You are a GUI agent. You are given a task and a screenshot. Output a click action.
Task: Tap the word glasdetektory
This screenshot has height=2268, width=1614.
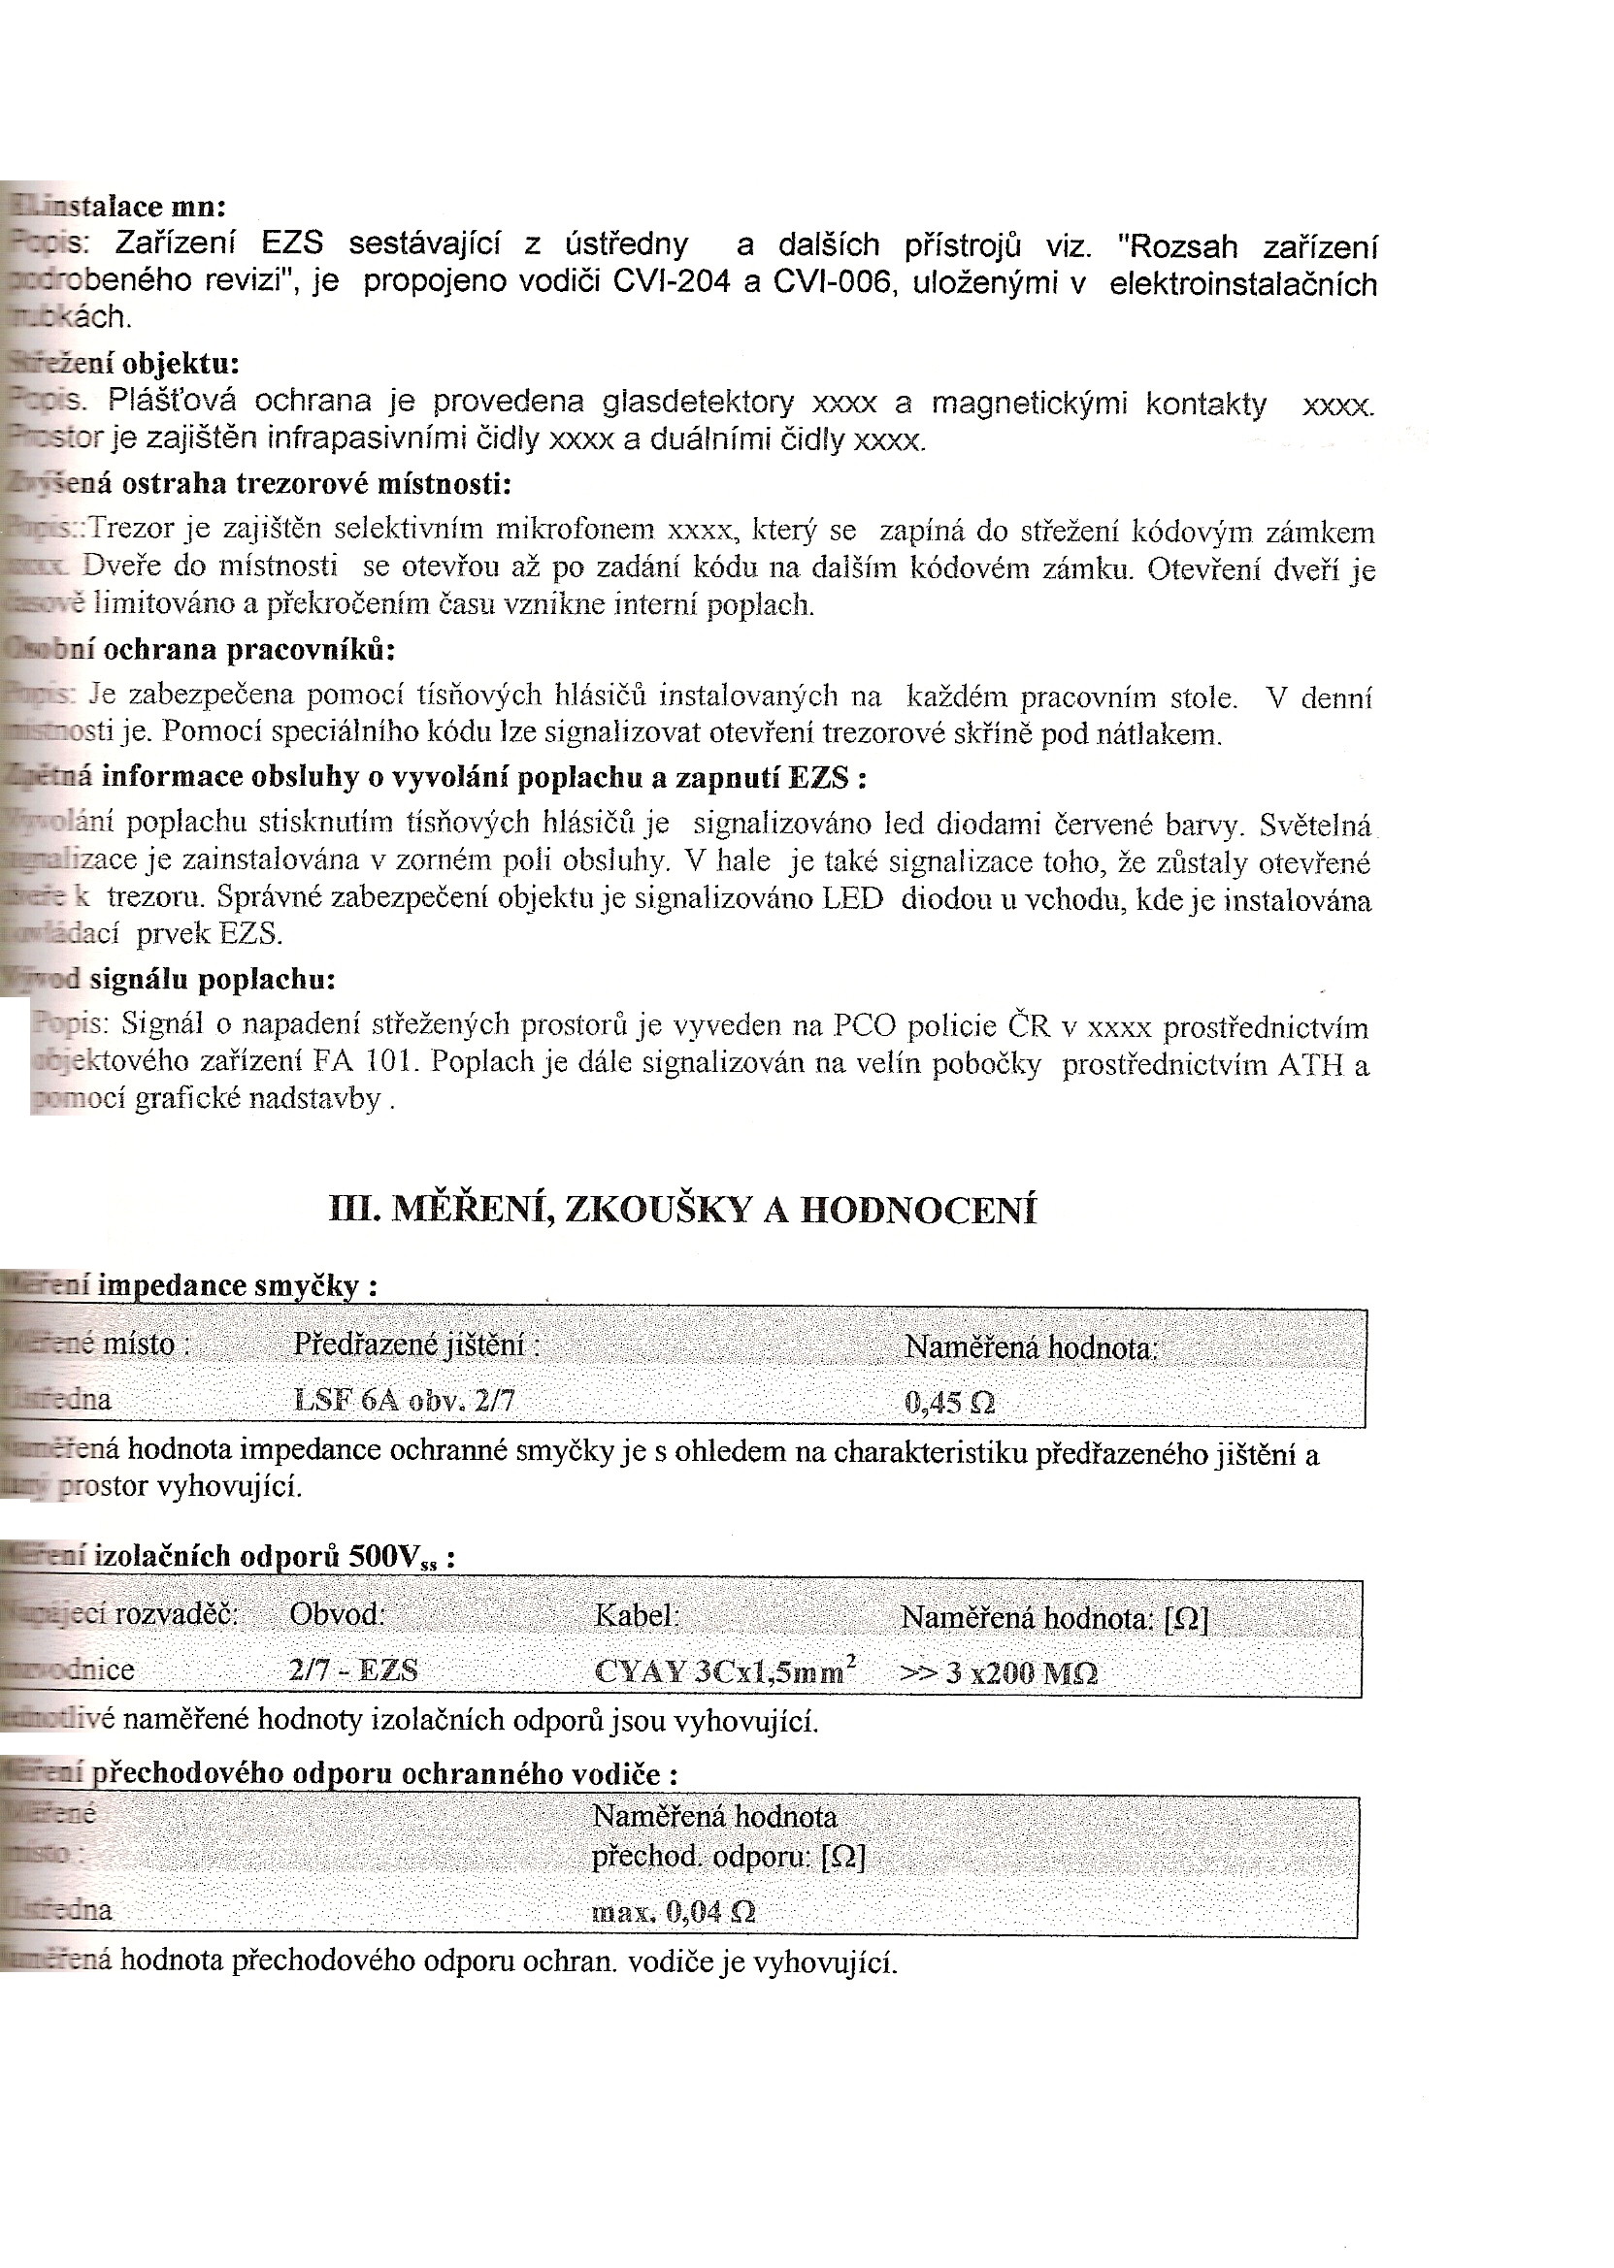point(698,403)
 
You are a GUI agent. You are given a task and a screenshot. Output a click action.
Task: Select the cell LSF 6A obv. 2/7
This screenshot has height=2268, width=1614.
point(405,1400)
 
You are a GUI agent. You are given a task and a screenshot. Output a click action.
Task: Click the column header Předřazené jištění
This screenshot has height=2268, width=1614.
point(416,1345)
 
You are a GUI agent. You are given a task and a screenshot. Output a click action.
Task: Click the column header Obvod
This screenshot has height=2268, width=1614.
point(337,1614)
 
